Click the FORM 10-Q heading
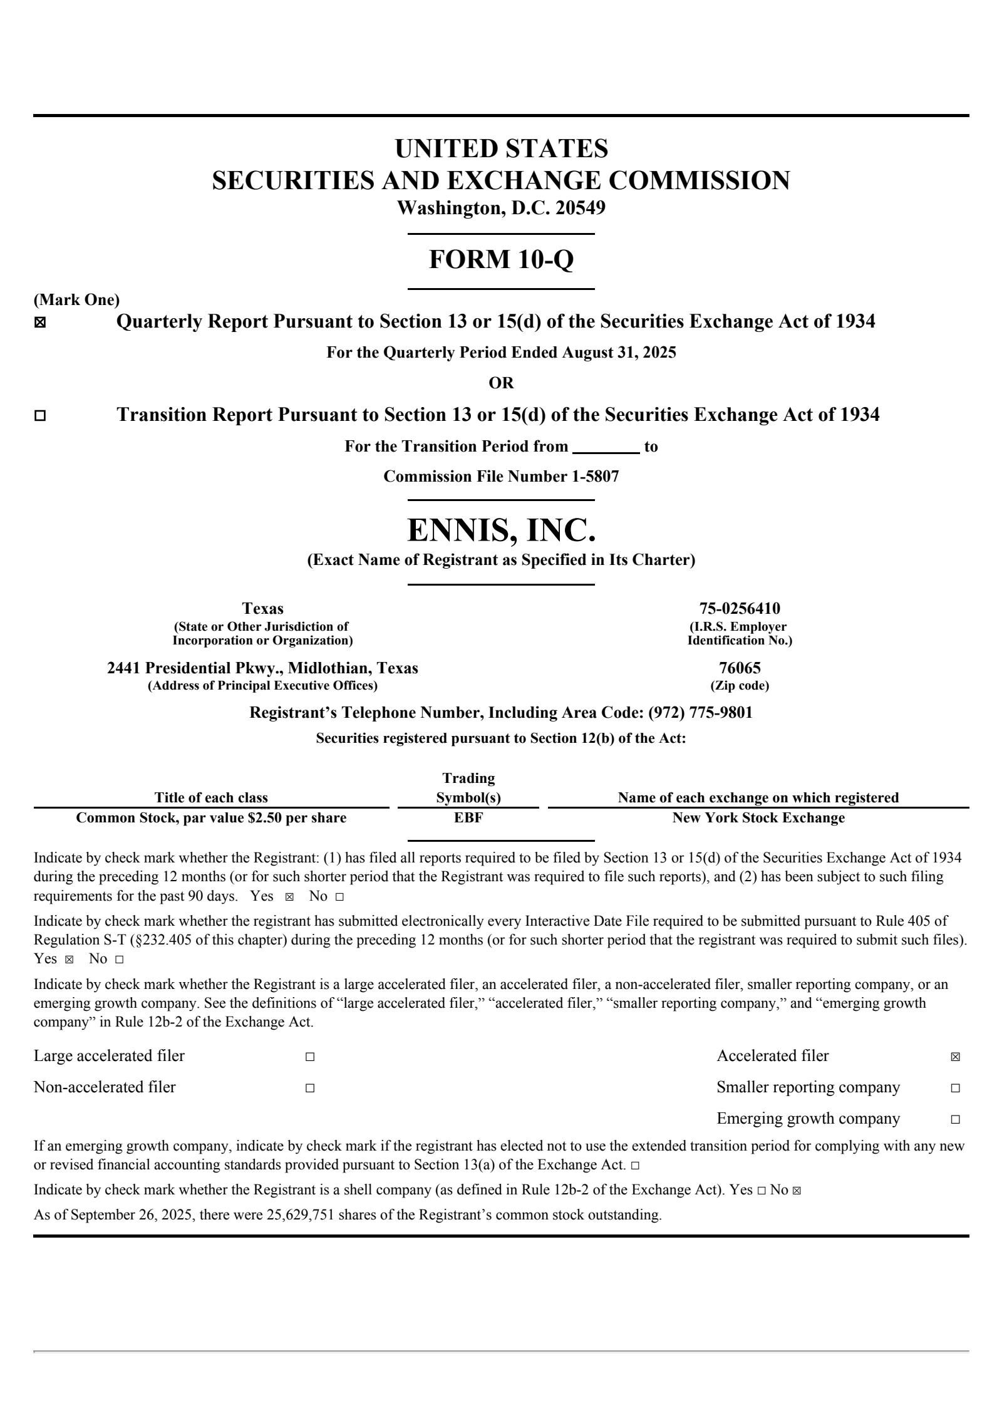501,259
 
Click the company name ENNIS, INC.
501,530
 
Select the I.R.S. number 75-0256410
740,608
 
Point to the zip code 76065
740,668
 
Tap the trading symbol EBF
468,817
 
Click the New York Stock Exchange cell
758,817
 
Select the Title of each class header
211,797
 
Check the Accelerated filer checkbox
955,1057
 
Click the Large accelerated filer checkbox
310,1057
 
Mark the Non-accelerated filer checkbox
310,1089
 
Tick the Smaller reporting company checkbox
955,1089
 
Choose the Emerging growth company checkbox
955,1119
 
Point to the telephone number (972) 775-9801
700,712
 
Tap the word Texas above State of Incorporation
262,608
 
